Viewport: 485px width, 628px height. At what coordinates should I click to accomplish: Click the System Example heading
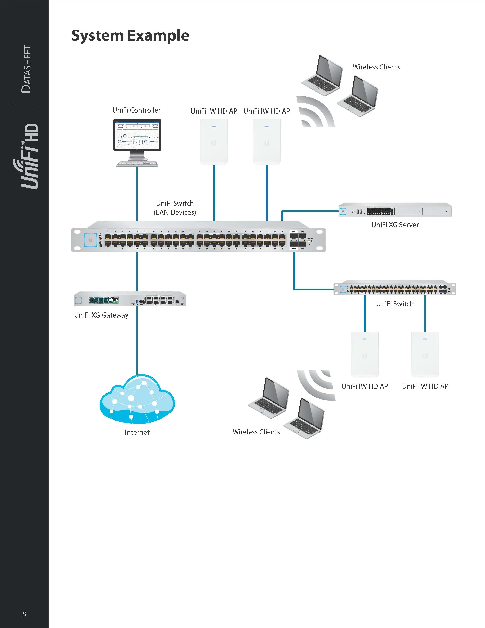coord(130,36)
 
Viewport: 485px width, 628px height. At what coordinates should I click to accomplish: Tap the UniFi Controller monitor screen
coord(137,135)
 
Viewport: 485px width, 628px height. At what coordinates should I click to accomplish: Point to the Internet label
coord(137,432)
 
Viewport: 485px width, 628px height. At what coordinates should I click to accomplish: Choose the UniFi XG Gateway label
coord(101,315)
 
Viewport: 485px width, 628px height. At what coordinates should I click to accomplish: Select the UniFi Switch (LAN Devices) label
coord(175,208)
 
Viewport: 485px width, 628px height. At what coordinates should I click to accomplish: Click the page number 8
coord(24,614)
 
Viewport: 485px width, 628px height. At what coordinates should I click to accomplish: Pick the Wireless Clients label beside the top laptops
coord(376,67)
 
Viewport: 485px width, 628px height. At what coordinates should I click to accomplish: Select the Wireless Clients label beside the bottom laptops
coord(256,432)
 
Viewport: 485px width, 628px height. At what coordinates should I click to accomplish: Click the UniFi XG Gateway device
coord(130,299)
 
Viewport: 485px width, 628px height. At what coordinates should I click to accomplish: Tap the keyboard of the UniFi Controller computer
coord(137,164)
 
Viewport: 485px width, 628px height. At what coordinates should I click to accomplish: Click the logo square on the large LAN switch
coord(91,240)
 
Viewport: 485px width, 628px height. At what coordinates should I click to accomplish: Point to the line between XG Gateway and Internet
coord(137,340)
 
